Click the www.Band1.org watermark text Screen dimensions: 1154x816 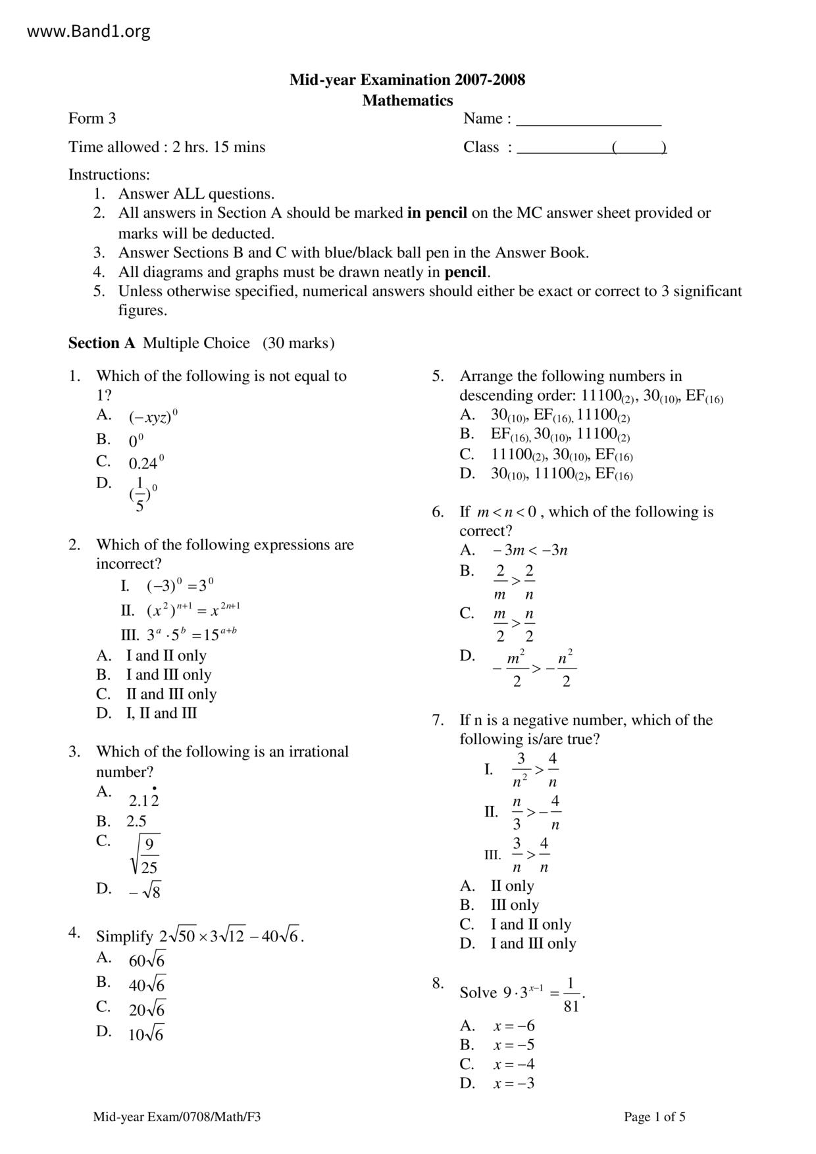(88, 31)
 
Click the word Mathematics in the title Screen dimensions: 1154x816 (407, 101)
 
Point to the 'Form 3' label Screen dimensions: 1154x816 (92, 118)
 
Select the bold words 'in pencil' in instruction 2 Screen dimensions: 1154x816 (437, 213)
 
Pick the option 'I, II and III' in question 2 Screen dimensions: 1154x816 (161, 713)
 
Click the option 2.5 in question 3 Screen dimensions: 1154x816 (136, 821)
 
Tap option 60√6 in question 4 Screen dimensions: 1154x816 (147, 960)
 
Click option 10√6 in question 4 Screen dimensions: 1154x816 (145, 1034)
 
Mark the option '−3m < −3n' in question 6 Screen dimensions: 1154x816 (530, 550)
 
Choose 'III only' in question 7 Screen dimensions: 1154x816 (515, 905)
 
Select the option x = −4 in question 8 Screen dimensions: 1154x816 (514, 1064)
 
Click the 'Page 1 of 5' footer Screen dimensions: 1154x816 (654, 1116)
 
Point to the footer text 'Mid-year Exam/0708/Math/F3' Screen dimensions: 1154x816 (177, 1116)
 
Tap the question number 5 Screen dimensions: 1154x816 (438, 376)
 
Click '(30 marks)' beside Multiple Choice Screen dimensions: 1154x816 (298, 343)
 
